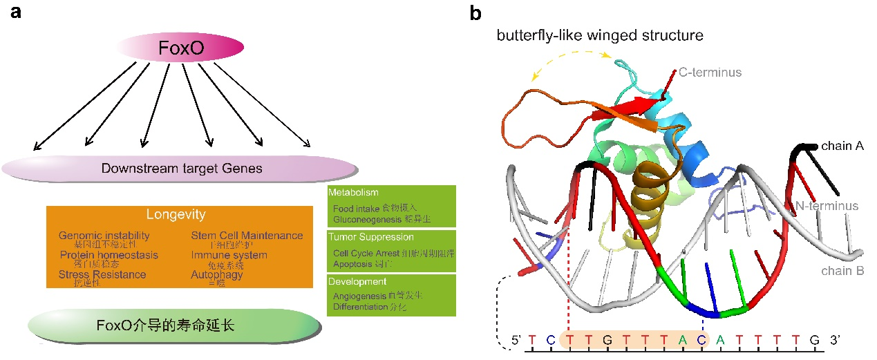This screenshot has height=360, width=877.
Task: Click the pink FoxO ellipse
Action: click(182, 48)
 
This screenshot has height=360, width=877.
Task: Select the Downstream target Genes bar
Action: click(180, 168)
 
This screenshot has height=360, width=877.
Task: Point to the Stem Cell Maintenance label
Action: click(247, 236)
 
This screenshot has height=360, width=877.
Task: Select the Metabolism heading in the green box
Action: click(353, 192)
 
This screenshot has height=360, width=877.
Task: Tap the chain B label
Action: click(842, 271)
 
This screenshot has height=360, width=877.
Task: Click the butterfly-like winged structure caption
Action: click(600, 35)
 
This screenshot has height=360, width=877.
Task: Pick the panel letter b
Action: click(476, 13)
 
